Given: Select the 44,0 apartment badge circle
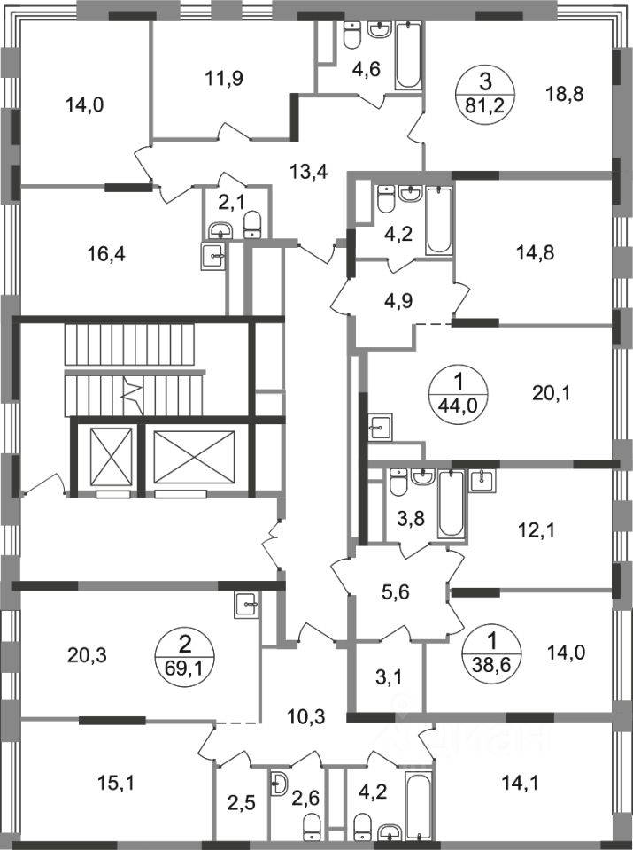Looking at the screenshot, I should (x=454, y=390).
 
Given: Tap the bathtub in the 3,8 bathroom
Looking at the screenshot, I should (x=451, y=505).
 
